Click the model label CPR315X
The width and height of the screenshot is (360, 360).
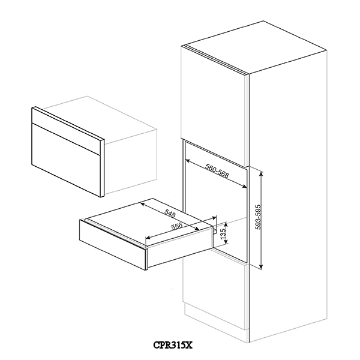coord(173,345)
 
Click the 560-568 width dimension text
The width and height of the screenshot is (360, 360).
coord(217,171)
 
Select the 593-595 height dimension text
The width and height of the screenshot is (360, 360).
coord(258,217)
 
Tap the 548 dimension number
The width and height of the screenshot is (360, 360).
coord(170,214)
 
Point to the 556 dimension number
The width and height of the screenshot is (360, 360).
coord(177,226)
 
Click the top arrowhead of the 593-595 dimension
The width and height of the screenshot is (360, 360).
coord(261,173)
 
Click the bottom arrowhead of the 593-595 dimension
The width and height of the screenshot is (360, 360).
coord(261,266)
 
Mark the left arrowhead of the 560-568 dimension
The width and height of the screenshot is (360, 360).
coord(187,160)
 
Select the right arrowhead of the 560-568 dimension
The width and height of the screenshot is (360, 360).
coord(244,187)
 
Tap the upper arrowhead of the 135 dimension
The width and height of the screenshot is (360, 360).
coord(226,224)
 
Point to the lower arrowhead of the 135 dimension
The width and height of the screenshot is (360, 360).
coord(226,241)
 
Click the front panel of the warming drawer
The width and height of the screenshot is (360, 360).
coord(113,244)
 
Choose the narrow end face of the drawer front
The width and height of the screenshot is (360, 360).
coord(147,257)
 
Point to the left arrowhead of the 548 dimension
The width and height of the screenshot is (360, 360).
coord(142,203)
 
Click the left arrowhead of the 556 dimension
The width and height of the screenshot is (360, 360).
coord(149,237)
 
